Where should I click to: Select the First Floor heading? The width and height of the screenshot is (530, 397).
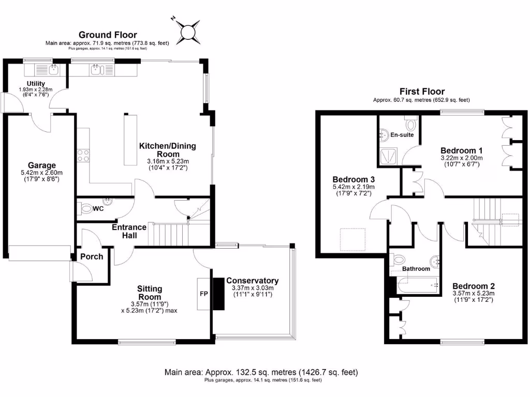pyautogui.click(x=421, y=91)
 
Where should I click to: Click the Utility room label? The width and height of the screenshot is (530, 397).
pyautogui.click(x=36, y=84)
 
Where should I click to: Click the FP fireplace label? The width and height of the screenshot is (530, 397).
pyautogui.click(x=204, y=294)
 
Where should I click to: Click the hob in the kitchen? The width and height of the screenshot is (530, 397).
pyautogui.click(x=83, y=155)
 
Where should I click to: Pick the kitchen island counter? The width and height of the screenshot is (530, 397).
pyautogui.click(x=129, y=140)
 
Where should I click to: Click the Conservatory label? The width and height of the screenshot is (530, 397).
pyautogui.click(x=252, y=281)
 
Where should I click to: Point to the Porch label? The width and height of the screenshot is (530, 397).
pyautogui.click(x=92, y=256)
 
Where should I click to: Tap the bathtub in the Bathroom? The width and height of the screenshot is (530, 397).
pyautogui.click(x=417, y=284)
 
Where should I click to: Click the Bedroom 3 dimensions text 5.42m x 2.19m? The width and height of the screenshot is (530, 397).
pyautogui.click(x=353, y=187)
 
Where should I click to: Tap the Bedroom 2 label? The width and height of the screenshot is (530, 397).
pyautogui.click(x=474, y=286)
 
